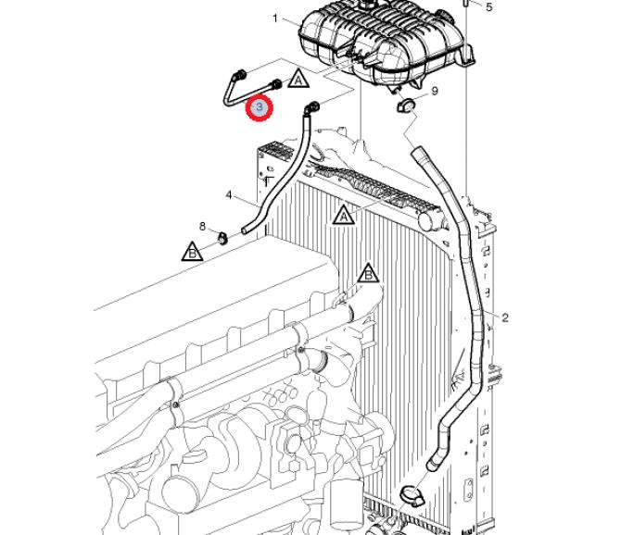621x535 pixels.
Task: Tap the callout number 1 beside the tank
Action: point(275,19)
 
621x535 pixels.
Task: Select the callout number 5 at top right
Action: point(489,7)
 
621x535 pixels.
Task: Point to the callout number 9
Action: point(435,91)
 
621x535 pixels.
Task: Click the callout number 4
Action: point(228,194)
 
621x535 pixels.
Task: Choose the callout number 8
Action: point(202,226)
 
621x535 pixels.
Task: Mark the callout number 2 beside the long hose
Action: point(505,317)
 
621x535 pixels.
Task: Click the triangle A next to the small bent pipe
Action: point(298,79)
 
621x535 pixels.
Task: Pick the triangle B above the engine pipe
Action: point(369,274)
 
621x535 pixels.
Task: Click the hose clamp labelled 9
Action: point(406,105)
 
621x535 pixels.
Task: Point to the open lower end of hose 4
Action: point(247,228)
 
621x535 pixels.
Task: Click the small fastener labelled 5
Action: point(467,6)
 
